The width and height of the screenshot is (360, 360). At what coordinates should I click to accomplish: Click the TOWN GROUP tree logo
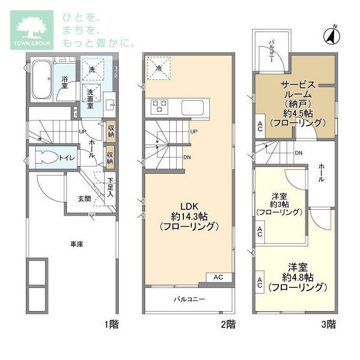tap(31, 30)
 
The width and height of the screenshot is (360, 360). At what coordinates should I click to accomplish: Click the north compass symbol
tap(332, 35)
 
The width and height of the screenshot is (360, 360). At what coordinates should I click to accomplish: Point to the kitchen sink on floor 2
tap(192, 107)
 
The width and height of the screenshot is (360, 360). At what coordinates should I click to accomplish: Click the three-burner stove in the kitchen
tap(159, 106)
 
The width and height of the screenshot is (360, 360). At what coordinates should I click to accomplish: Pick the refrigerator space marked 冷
tap(159, 68)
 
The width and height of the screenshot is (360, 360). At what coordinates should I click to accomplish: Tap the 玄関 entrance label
tap(84, 199)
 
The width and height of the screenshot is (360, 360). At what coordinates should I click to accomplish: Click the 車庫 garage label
tap(76, 244)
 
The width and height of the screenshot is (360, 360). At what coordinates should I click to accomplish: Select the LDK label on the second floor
tap(189, 206)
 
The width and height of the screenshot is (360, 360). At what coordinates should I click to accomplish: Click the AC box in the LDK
tap(218, 277)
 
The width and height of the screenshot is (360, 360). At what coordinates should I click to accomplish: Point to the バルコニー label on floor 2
tap(189, 299)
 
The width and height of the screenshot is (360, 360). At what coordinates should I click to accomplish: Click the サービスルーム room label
tap(298, 90)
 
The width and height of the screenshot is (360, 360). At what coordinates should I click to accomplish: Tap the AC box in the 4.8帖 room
tap(260, 282)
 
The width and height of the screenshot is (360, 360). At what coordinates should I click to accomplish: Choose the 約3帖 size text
tap(280, 204)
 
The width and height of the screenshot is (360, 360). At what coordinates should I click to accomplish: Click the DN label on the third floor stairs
tap(299, 153)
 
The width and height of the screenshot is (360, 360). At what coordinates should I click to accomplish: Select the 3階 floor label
tap(328, 325)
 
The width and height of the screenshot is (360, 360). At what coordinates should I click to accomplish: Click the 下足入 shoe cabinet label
tap(110, 187)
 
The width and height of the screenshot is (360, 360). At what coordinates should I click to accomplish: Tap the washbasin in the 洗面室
tap(110, 105)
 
